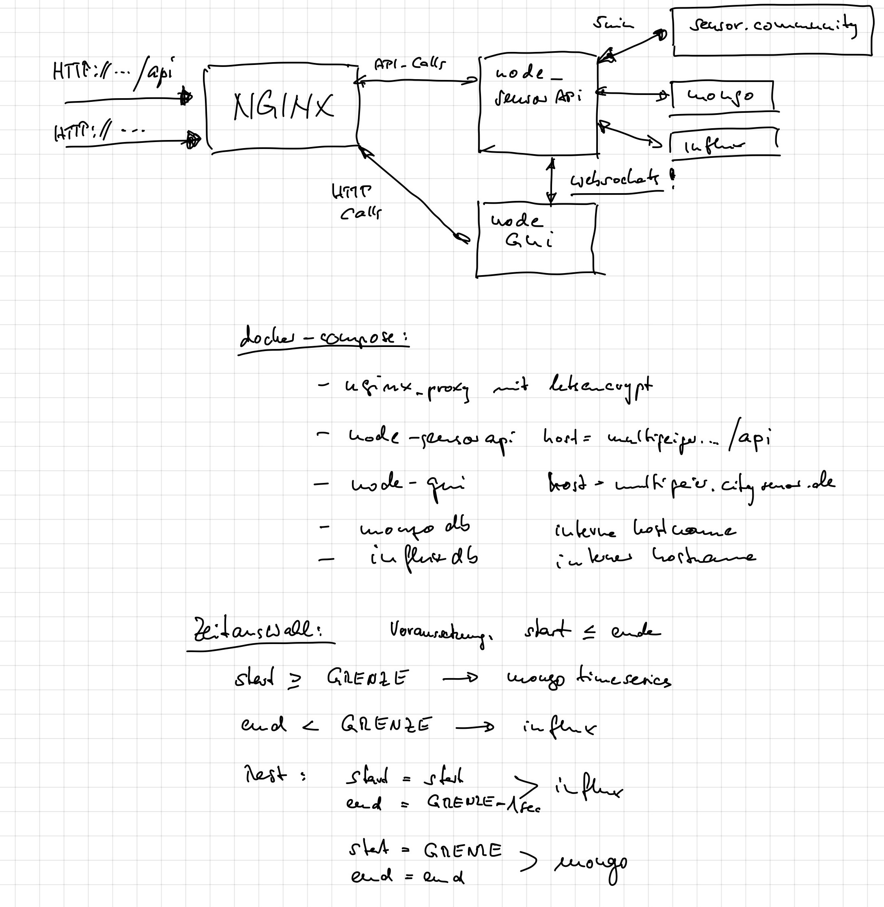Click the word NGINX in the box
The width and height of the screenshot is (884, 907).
pos(283,107)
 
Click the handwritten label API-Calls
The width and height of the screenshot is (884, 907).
pos(409,64)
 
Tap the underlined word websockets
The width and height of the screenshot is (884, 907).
pos(615,180)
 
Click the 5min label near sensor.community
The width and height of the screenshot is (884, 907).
pos(612,23)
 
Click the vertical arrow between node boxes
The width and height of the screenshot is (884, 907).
pos(551,181)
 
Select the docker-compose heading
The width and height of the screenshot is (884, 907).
pos(323,338)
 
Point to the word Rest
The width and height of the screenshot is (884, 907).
pos(265,774)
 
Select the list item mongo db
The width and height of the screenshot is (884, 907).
pos(415,528)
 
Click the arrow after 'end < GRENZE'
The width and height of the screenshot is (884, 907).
pos(474,727)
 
